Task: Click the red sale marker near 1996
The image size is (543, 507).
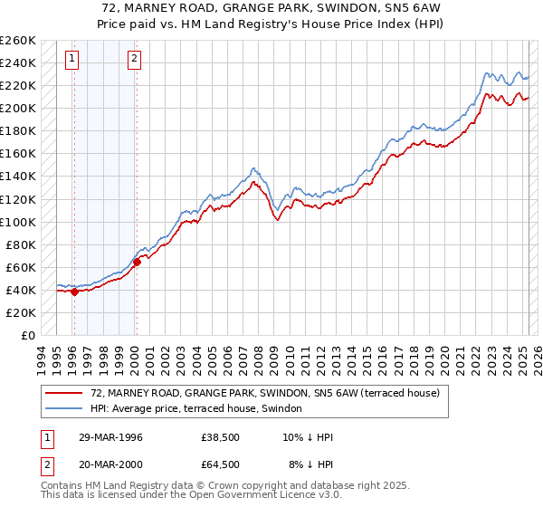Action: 75,292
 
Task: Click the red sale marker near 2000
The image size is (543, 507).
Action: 136,262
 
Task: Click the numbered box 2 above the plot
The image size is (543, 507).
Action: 134,60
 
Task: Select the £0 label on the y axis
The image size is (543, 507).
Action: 27,336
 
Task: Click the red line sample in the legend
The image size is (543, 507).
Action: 64,393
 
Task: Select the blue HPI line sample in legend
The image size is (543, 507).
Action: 64,407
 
